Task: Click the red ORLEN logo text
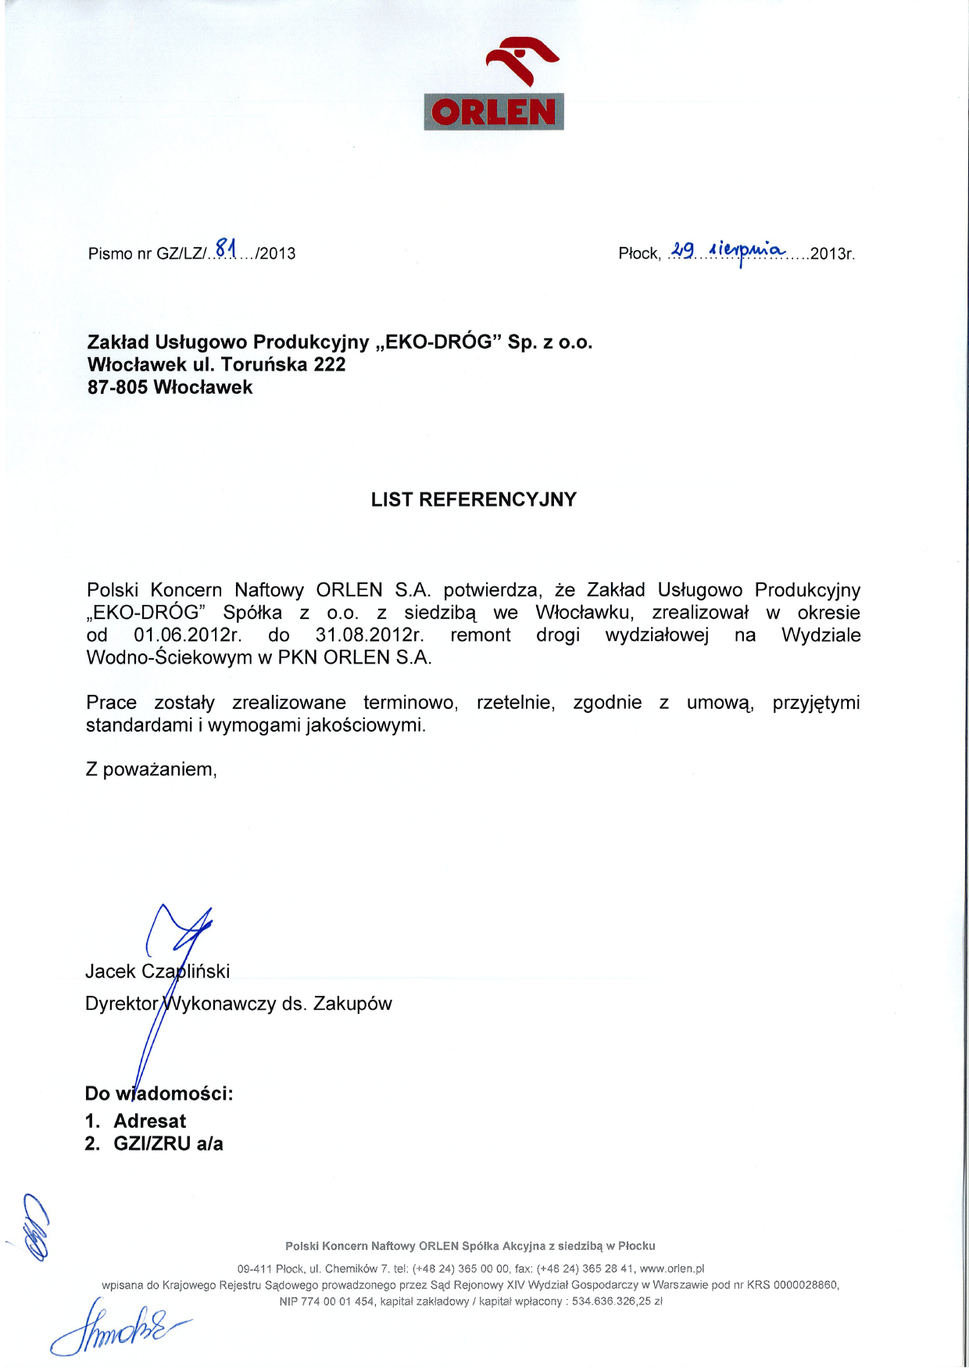pyautogui.click(x=493, y=113)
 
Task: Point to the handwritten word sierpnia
pyautogui.click(x=743, y=249)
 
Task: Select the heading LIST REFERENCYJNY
pyautogui.click(x=474, y=499)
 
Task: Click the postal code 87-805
pyautogui.click(x=117, y=388)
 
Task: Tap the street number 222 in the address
pyautogui.click(x=330, y=365)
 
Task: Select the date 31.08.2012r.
pyautogui.click(x=370, y=635)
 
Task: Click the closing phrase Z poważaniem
pyautogui.click(x=151, y=769)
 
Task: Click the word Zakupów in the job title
pyautogui.click(x=352, y=1004)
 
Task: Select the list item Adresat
pyautogui.click(x=150, y=1121)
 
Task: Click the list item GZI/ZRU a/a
pyautogui.click(x=168, y=1144)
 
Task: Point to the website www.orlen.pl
pyautogui.click(x=672, y=1269)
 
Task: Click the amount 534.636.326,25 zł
pyautogui.click(x=617, y=1301)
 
